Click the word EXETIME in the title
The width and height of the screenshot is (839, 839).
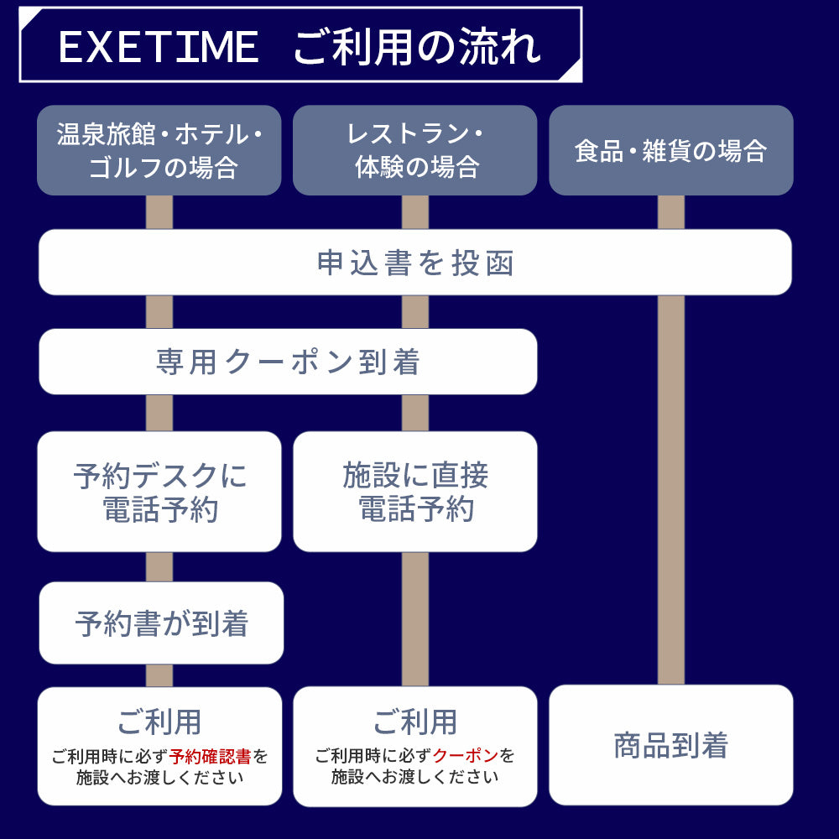[x=158, y=47]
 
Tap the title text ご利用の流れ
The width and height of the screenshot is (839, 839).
[x=417, y=47]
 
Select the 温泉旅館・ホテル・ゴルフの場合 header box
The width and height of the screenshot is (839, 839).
[x=159, y=150]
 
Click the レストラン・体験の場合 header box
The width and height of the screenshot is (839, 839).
[x=414, y=150]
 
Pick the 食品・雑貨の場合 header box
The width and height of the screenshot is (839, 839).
[x=670, y=150]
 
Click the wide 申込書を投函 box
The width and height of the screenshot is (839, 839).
[x=415, y=263]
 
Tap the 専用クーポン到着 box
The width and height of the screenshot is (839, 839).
[x=288, y=362]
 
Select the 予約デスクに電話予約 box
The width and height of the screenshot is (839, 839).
[x=159, y=492]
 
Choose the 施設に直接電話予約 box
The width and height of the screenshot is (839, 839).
[x=414, y=492]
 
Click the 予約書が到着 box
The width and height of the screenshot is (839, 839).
[x=161, y=623]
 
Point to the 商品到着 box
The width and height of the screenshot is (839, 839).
[x=670, y=745]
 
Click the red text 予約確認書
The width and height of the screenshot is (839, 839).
[x=210, y=757]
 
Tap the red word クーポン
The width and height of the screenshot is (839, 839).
[x=466, y=756]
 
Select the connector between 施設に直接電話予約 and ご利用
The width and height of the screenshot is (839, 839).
[x=414, y=619]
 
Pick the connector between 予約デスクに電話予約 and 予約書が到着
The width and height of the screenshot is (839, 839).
[x=159, y=567]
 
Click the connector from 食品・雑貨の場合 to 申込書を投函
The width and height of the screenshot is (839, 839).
[x=670, y=212]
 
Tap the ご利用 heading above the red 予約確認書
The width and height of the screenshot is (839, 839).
[x=159, y=722]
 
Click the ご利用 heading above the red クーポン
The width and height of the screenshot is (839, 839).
[x=414, y=722]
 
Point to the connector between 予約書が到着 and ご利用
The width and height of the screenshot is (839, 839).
[x=159, y=675]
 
